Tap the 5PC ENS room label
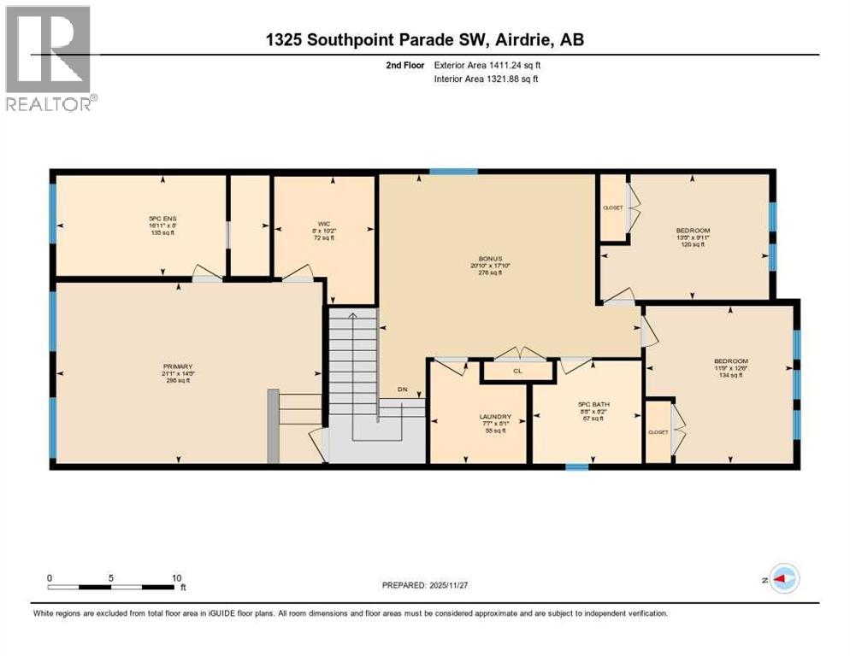pyautogui.click(x=162, y=218)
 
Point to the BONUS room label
pyautogui.click(x=489, y=257)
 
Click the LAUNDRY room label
pyautogui.click(x=494, y=418)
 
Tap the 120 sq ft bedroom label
pyautogui.click(x=692, y=231)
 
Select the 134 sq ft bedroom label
pyautogui.click(x=730, y=360)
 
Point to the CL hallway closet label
pyautogui.click(x=517, y=371)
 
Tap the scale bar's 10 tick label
pyautogui.click(x=174, y=577)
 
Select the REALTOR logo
pyautogui.click(x=49, y=59)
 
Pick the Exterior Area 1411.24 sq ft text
pyautogui.click(x=486, y=65)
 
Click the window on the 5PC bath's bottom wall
pyautogui.click(x=577, y=466)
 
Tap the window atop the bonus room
pyautogui.click(x=453, y=173)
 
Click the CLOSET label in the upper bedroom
pyautogui.click(x=612, y=208)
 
